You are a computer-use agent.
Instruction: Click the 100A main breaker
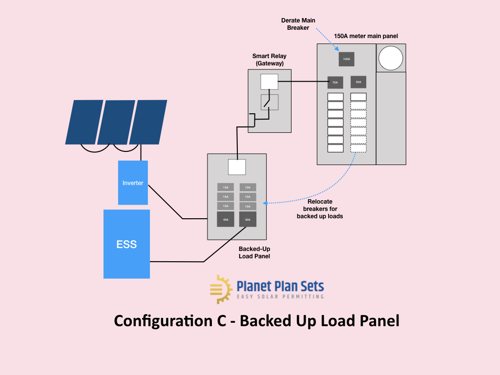pyautogui.click(x=346, y=59)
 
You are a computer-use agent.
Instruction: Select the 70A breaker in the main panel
pyautogui.click(x=335, y=83)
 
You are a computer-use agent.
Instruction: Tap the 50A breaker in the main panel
pyautogui.click(x=358, y=82)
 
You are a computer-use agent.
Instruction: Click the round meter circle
pyautogui.click(x=391, y=58)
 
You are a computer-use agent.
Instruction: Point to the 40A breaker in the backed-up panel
pyautogui.click(x=226, y=220)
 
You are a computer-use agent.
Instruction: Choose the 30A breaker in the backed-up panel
pyautogui.click(x=248, y=220)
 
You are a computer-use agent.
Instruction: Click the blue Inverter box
pyautogui.click(x=133, y=183)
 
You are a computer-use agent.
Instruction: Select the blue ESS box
pyautogui.click(x=126, y=244)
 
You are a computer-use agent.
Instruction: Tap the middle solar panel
pyautogui.click(x=116, y=122)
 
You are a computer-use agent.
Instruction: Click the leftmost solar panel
pyautogui.click(x=84, y=122)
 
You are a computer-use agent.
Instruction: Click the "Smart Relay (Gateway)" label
pyautogui.click(x=269, y=60)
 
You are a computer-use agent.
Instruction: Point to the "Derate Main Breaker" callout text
pyautogui.click(x=298, y=24)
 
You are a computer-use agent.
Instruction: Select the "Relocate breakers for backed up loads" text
pyautogui.click(x=320, y=208)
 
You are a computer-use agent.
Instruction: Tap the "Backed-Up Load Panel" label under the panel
pyautogui.click(x=254, y=252)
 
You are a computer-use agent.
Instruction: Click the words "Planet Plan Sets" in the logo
pyautogui.click(x=280, y=286)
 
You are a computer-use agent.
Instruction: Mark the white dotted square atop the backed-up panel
pyautogui.click(x=237, y=167)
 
